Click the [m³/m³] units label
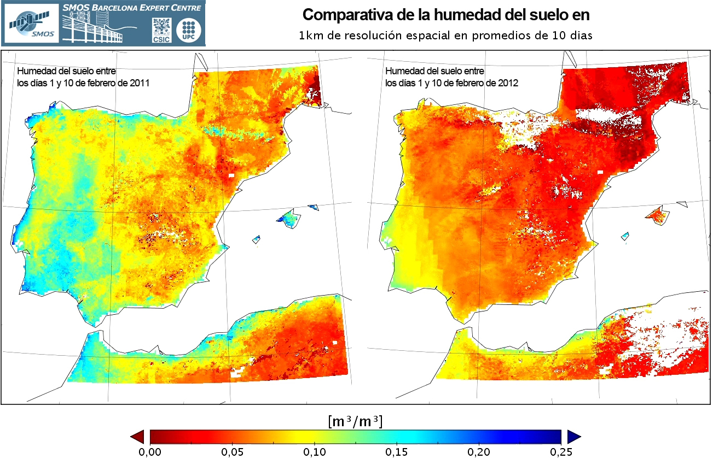tap(355, 421)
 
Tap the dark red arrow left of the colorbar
tap(138, 436)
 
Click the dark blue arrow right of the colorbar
tap(573, 436)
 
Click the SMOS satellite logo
tap(32, 23)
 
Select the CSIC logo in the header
tap(161, 30)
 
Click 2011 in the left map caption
tap(140, 83)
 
